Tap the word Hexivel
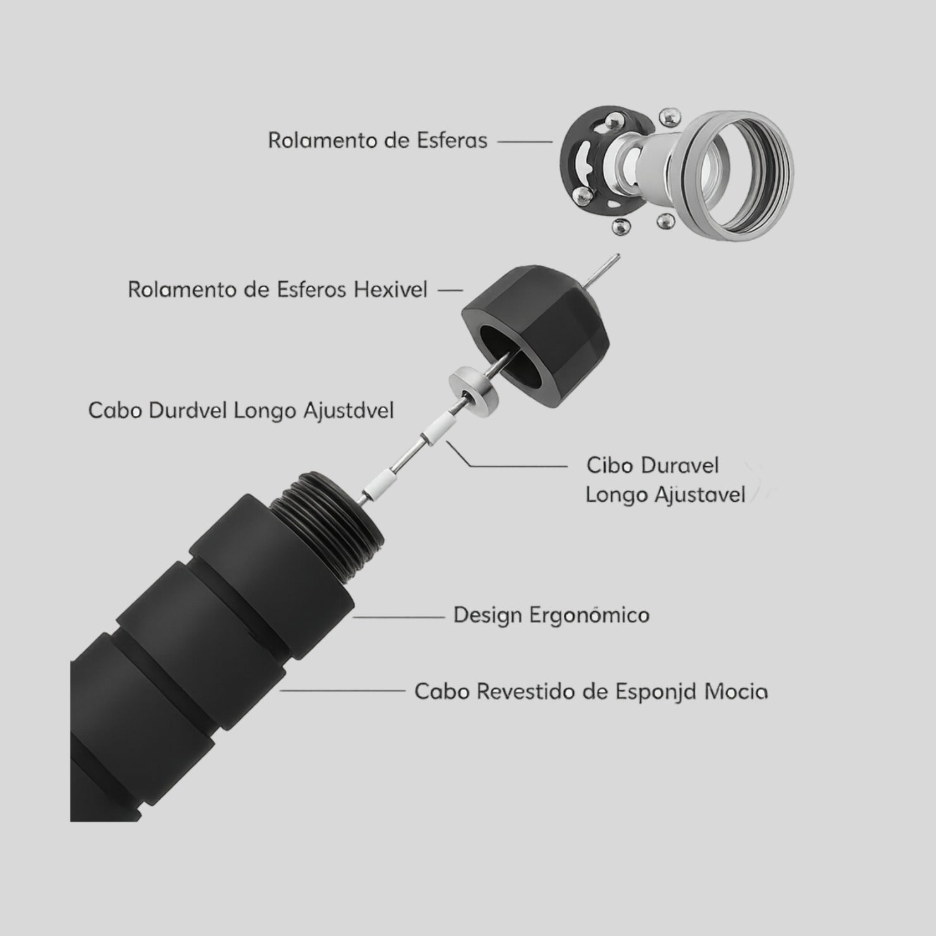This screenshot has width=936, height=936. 391,290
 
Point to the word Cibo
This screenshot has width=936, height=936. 609,466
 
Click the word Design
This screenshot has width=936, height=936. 488,616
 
